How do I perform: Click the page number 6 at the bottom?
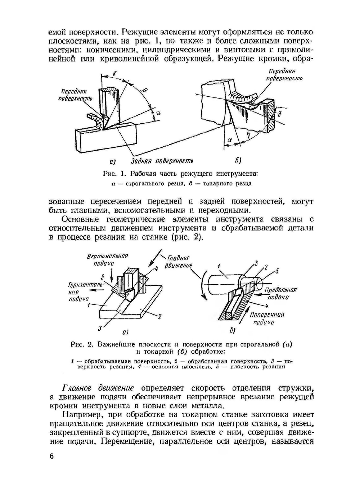tap(51, 456)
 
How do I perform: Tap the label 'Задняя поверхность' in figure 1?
tap(162, 160)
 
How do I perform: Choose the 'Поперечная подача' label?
tap(267, 318)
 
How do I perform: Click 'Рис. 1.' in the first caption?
tap(113, 174)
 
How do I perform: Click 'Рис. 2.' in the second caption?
tap(82, 344)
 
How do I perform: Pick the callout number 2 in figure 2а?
tap(159, 316)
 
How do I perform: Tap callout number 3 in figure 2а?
tap(101, 327)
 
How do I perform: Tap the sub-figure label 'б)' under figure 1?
tap(238, 160)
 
